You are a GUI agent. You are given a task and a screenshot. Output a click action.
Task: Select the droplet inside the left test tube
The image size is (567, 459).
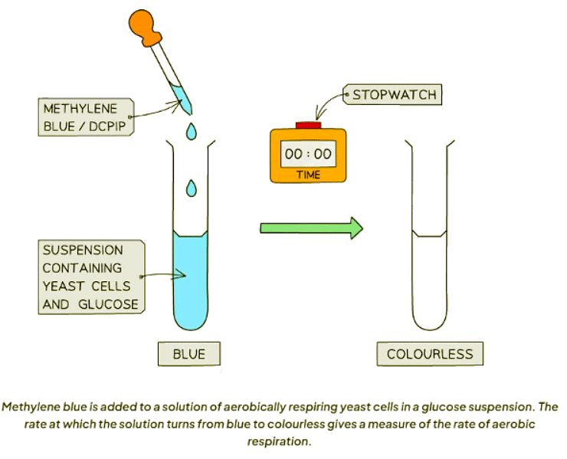(192, 185)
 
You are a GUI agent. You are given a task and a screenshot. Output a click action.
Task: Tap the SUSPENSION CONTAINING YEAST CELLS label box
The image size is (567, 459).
(90, 277)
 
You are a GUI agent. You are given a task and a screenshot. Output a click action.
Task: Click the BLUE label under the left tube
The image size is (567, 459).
(188, 354)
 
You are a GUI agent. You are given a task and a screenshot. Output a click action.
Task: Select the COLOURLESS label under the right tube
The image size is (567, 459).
(430, 354)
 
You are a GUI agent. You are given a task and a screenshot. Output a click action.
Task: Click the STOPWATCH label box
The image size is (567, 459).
(392, 96)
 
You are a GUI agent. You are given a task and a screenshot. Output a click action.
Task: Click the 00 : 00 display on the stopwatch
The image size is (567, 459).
(308, 154)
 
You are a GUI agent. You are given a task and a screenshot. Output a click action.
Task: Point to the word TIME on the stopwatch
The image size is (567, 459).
(308, 175)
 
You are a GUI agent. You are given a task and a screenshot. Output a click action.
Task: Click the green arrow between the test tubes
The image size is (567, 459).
(310, 227)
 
